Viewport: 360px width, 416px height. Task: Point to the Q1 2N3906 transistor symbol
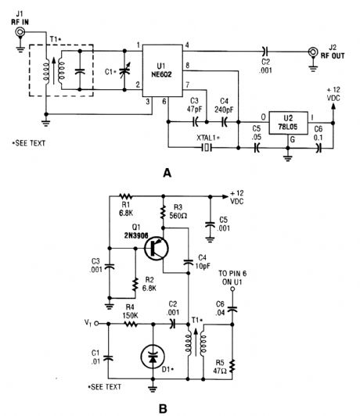157,249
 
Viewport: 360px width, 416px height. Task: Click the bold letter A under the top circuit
166,174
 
